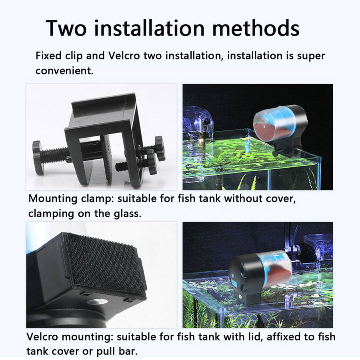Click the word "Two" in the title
click(x=66, y=28)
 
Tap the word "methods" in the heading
click(x=256, y=28)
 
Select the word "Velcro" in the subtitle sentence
click(x=124, y=56)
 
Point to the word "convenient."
click(x=64, y=71)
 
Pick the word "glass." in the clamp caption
click(x=128, y=214)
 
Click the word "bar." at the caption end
click(x=128, y=352)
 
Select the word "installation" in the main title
click(x=149, y=28)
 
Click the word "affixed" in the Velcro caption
click(x=283, y=337)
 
